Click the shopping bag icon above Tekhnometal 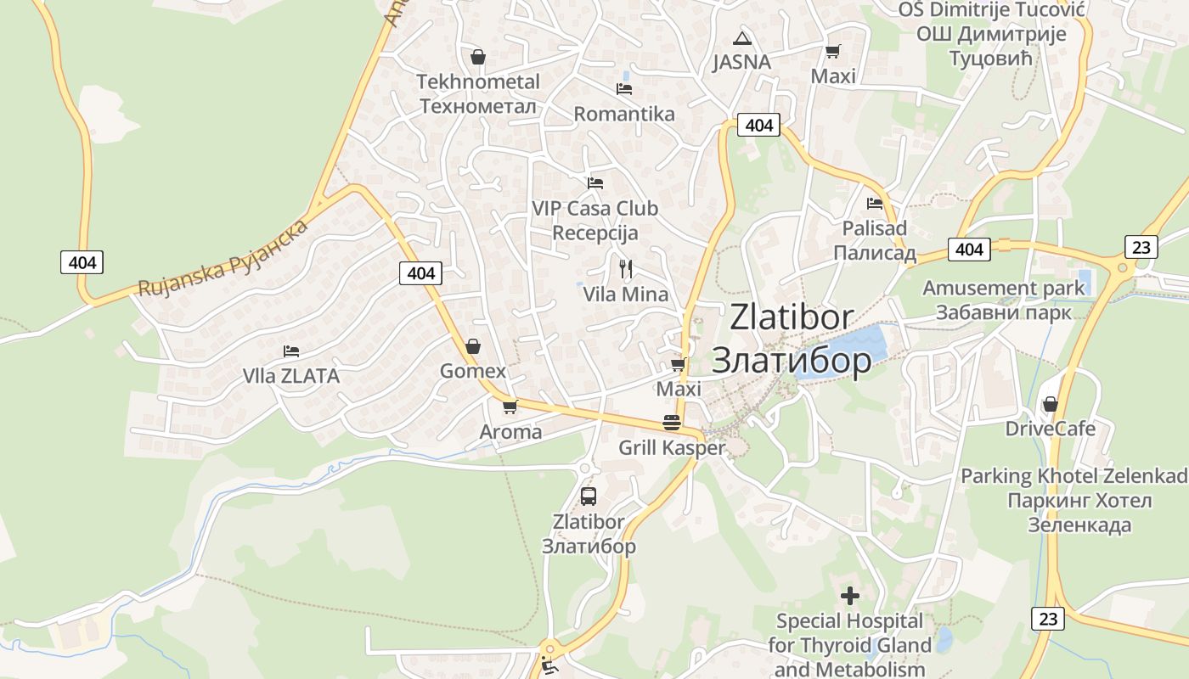click(x=477, y=57)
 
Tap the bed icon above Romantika click(x=624, y=88)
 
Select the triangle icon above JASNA click(x=742, y=38)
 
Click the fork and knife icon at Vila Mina click(x=626, y=269)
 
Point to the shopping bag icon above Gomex click(x=473, y=346)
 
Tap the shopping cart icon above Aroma click(x=510, y=407)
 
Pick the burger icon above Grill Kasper click(x=672, y=423)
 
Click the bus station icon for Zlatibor click(x=589, y=497)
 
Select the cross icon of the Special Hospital click(x=849, y=595)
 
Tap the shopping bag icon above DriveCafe click(x=1051, y=404)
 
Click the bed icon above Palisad click(x=875, y=204)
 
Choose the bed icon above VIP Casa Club click(x=594, y=182)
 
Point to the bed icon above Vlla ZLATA click(x=291, y=351)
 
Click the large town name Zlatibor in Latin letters click(x=792, y=317)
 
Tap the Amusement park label click(x=1004, y=288)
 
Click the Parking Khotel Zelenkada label click(x=1073, y=475)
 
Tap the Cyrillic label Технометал click(x=478, y=107)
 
